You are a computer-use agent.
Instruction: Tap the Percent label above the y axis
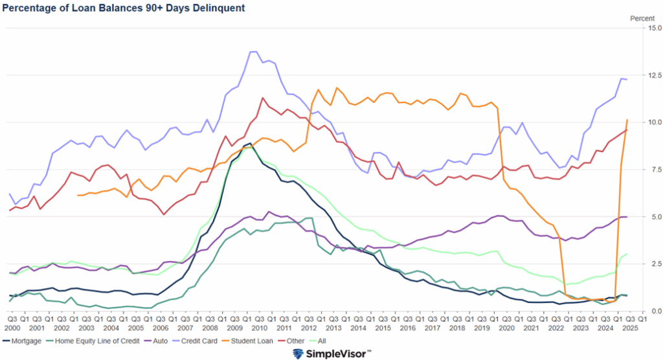642,18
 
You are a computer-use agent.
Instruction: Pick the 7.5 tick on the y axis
653,170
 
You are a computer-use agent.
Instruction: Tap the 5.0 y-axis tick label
653,217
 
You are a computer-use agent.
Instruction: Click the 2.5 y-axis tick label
653,264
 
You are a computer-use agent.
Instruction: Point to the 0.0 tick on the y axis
653,311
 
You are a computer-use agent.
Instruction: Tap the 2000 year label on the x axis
12,328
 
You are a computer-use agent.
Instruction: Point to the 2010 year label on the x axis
258,328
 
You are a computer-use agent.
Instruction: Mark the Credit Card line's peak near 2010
253,52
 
